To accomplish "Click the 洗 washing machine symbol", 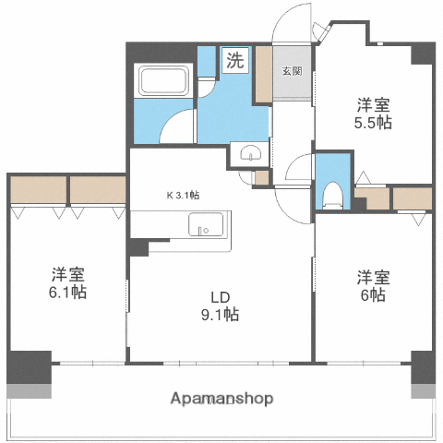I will point(235,62).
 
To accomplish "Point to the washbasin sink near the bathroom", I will point(250,154).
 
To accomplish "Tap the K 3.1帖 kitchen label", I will point(184,196).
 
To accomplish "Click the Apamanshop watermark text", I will point(222,399).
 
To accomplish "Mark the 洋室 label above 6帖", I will point(373,276).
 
